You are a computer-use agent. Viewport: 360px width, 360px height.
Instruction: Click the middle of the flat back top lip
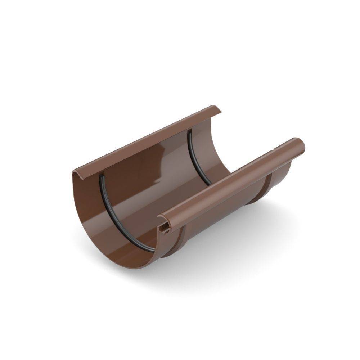pyautogui.click(x=148, y=140)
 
